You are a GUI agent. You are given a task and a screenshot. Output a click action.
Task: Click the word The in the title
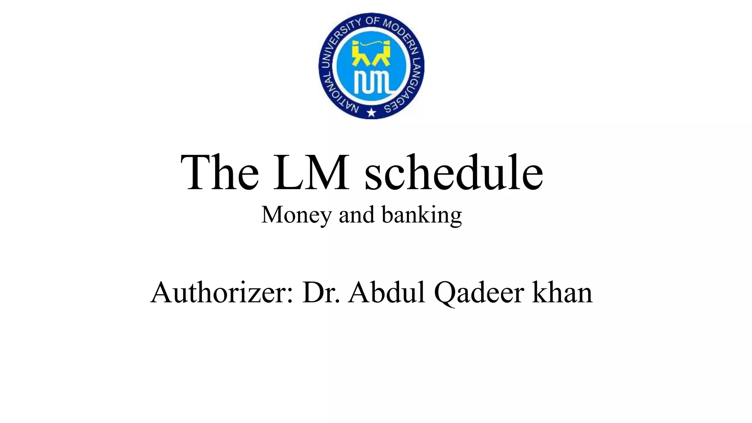pos(220,173)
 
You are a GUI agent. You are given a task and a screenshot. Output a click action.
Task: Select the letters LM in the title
pos(311,173)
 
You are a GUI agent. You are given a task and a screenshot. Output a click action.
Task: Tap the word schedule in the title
pos(453,173)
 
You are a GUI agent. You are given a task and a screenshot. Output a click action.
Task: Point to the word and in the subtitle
pos(357,215)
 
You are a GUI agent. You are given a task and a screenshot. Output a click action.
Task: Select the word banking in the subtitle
pos(422,215)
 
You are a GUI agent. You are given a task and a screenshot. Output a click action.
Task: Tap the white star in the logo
pos(372,112)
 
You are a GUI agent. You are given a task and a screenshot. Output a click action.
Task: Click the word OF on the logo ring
pos(372,20)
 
